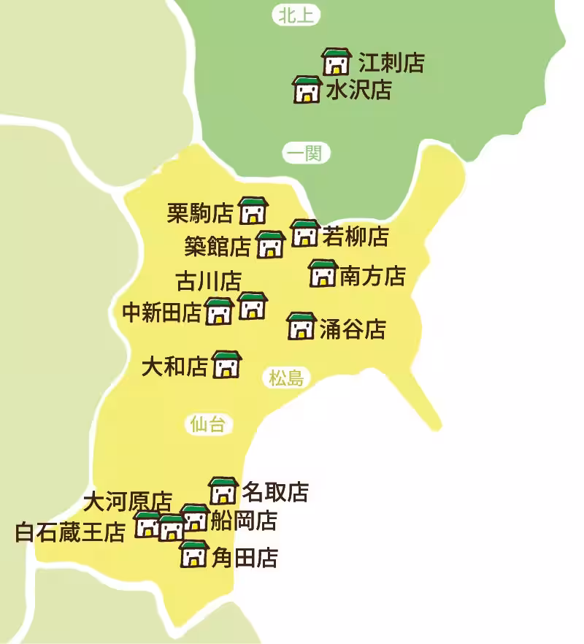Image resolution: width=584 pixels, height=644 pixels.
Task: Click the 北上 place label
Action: [296, 15]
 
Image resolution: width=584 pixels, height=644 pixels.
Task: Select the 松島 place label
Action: [286, 377]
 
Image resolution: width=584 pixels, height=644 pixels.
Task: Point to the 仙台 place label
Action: [207, 424]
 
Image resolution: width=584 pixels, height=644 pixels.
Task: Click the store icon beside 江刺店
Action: [337, 62]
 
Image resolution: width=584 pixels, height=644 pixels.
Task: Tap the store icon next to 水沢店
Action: [307, 90]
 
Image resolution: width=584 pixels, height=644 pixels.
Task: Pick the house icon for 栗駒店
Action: [253, 210]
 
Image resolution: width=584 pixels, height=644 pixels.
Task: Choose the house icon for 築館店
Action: [271, 245]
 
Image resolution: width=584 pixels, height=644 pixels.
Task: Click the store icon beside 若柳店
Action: [304, 233]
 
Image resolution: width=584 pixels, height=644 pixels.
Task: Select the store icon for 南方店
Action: [323, 273]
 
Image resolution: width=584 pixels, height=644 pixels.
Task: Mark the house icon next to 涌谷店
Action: [301, 326]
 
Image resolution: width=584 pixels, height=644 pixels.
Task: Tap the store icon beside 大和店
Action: [226, 364]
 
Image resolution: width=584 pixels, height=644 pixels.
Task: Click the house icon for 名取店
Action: [223, 491]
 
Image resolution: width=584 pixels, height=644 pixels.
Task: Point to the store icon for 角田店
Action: [194, 555]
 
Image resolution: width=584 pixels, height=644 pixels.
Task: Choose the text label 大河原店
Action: [128, 502]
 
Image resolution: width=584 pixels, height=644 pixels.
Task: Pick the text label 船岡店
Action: [244, 521]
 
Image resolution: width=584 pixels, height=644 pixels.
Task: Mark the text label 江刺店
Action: [391, 63]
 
